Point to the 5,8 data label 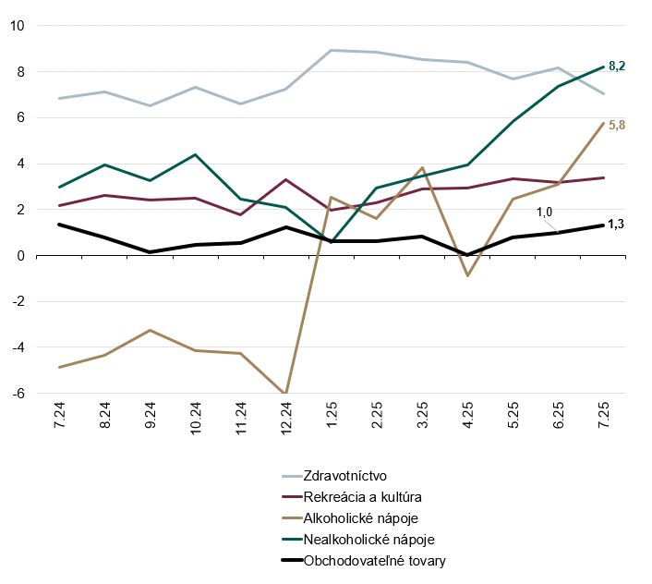(617, 125)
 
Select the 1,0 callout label (546, 212)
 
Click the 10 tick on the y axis (17, 25)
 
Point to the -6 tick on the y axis (17, 394)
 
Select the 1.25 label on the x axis (332, 420)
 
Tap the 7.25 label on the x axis (603, 420)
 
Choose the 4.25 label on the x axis (467, 420)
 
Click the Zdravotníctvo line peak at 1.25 (332, 50)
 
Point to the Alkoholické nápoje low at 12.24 (286, 393)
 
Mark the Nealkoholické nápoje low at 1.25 (332, 241)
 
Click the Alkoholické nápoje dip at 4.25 (467, 275)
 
